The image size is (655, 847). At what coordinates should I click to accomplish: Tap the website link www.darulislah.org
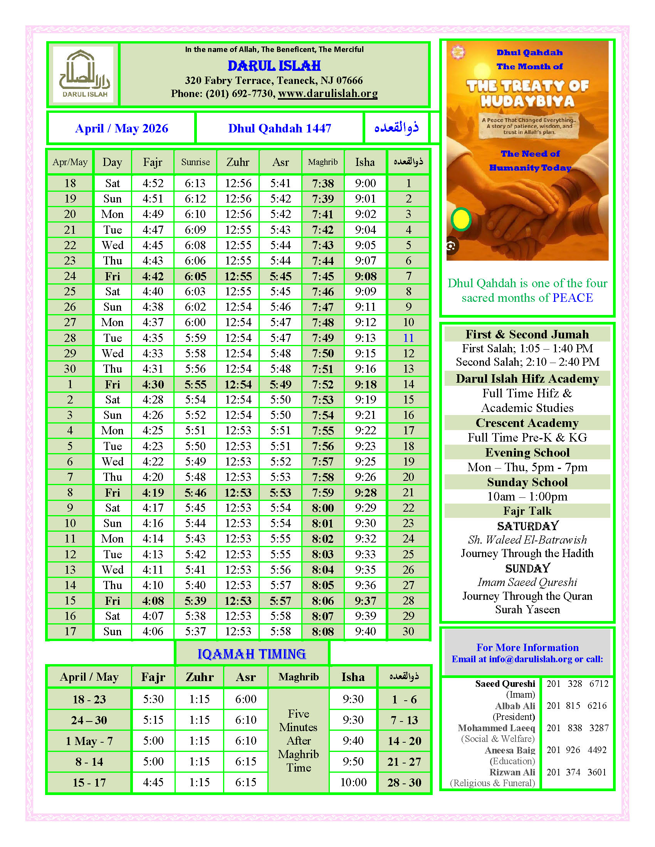[x=327, y=94]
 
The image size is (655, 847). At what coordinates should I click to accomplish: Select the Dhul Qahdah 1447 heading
[x=279, y=128]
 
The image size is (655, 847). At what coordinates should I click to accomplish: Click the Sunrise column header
[x=195, y=162]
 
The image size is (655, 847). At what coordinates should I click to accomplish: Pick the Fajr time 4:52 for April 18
[x=153, y=183]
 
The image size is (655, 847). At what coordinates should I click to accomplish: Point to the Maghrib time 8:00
[x=322, y=508]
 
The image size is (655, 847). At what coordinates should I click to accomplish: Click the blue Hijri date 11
[x=408, y=338]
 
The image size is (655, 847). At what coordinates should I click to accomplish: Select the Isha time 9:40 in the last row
[x=365, y=631]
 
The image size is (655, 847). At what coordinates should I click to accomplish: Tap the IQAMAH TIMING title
[x=252, y=654]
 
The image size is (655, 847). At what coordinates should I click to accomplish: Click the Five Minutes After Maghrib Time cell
[x=298, y=740]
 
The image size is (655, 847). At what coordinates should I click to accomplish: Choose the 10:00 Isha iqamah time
[x=353, y=782]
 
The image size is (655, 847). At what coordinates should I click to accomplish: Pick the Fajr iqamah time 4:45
[x=153, y=782]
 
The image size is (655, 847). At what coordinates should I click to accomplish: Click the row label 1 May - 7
[x=89, y=741]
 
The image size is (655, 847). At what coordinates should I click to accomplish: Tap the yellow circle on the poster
[x=461, y=219]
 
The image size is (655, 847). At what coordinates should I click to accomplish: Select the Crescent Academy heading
[x=527, y=423]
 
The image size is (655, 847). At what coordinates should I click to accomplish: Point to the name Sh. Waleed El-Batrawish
[x=527, y=540]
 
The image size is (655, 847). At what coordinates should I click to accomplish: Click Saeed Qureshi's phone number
[x=578, y=684]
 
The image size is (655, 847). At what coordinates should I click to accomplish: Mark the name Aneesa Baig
[x=509, y=750]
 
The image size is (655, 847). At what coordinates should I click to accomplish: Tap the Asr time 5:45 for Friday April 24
[x=280, y=276]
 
